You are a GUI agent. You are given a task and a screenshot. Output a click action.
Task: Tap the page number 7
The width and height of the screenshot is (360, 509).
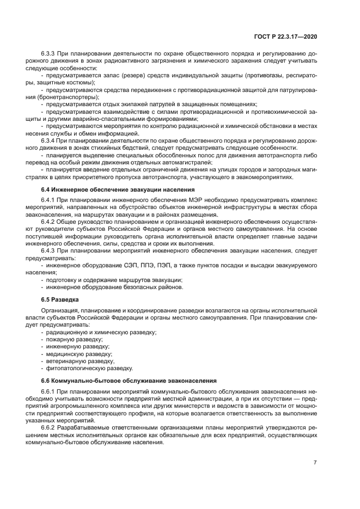pos(315,462)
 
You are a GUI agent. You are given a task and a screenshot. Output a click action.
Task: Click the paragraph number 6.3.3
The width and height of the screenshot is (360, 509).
pos(49,54)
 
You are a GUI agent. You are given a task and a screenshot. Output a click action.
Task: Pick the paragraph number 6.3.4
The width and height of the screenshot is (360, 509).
pos(49,140)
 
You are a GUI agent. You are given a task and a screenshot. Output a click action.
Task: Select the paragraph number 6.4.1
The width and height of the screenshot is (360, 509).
pos(49,201)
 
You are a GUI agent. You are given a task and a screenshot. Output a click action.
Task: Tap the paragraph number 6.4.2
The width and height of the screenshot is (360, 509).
pos(49,222)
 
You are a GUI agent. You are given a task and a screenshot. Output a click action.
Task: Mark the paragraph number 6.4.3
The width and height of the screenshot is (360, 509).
pos(49,251)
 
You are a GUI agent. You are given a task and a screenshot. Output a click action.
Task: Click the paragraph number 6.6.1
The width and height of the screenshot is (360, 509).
pos(49,392)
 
